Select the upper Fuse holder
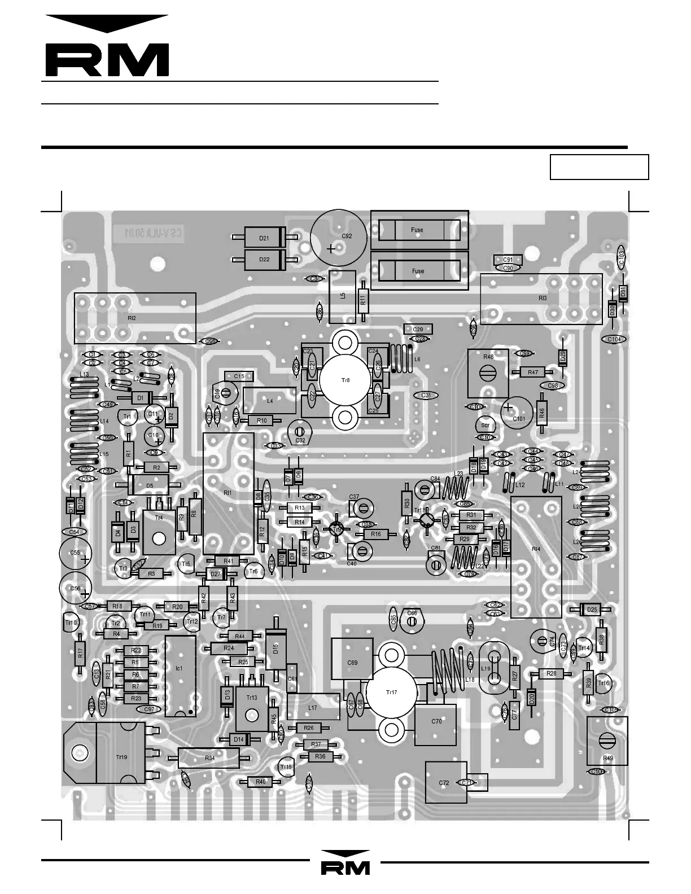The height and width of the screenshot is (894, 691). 419,230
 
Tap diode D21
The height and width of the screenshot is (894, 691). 264,238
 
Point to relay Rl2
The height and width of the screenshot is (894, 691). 135,318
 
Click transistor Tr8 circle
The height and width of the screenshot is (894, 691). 345,380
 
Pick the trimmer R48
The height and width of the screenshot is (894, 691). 488,373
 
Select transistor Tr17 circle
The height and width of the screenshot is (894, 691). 391,692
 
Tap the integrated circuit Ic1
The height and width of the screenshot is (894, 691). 180,676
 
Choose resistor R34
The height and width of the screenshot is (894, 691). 209,758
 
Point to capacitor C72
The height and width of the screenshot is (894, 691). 445,782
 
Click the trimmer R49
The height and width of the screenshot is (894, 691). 607,740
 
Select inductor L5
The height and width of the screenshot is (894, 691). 342,296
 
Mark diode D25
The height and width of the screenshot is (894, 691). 592,610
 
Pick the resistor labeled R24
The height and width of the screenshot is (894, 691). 228,648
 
